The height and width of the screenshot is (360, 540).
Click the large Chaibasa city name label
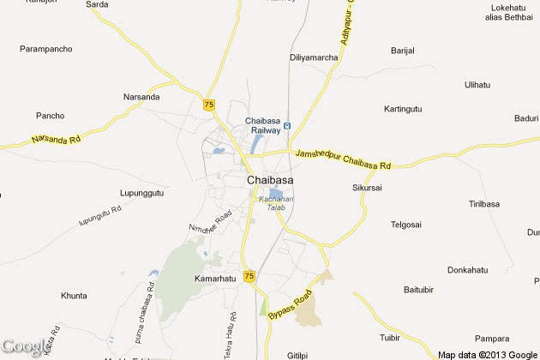(269, 180)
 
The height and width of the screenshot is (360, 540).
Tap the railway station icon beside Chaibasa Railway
(287, 126)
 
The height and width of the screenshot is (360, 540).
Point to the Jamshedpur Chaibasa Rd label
(343, 159)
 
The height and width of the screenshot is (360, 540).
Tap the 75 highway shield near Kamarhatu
(249, 275)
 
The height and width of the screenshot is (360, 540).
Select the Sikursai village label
(368, 187)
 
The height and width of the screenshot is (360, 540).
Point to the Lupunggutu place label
(141, 194)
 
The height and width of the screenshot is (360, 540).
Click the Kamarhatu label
(213, 279)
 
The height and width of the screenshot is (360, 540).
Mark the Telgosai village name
(406, 225)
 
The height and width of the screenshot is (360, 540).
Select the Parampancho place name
(46, 49)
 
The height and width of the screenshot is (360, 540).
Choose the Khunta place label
(74, 296)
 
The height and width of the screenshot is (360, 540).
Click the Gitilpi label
(297, 353)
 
